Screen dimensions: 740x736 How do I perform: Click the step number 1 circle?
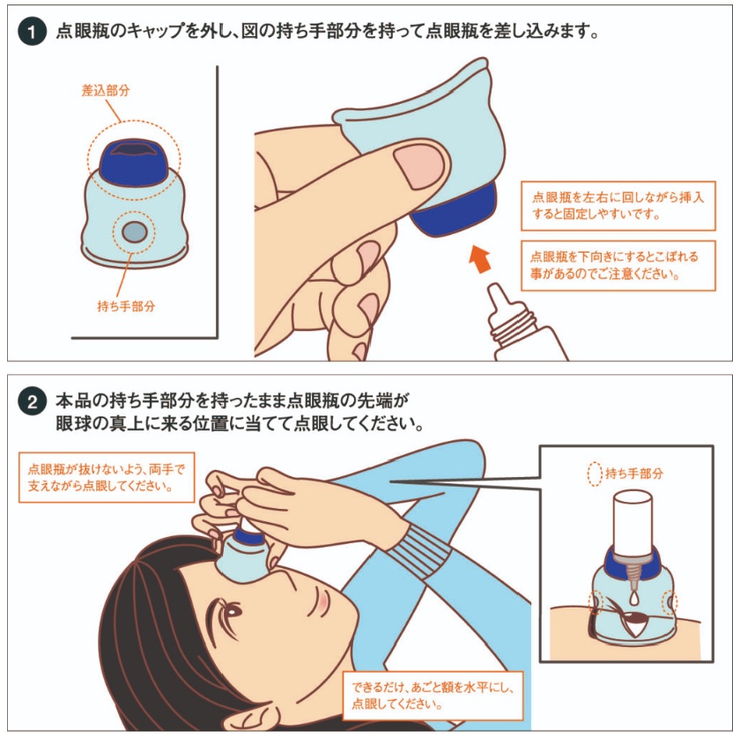click(32, 32)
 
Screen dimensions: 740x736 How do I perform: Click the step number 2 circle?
click(32, 401)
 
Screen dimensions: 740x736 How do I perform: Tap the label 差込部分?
click(105, 90)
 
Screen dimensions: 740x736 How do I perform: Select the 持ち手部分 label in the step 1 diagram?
click(126, 306)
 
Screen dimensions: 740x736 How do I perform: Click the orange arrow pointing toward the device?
click(480, 258)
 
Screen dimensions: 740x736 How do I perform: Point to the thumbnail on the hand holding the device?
click(419, 165)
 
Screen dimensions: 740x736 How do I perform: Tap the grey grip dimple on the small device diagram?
click(134, 232)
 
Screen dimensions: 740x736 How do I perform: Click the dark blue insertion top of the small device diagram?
click(134, 161)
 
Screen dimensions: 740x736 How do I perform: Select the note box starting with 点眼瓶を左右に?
click(618, 206)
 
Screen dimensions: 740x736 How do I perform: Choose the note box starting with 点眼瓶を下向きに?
click(618, 266)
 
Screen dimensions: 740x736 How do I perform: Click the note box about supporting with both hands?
click(107, 477)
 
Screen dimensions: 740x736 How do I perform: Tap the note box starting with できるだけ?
click(433, 696)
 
